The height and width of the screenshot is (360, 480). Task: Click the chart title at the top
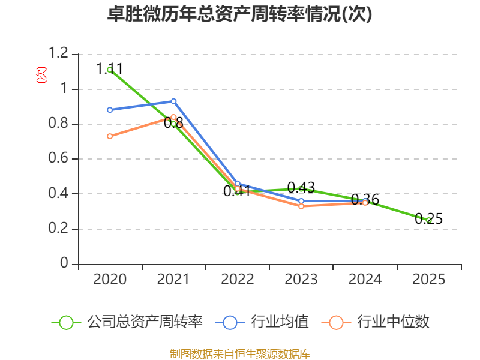(x=239, y=14)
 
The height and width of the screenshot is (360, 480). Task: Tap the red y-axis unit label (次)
(x=41, y=75)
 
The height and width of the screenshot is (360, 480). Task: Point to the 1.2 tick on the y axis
(x=58, y=53)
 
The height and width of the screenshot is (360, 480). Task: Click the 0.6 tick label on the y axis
(x=58, y=158)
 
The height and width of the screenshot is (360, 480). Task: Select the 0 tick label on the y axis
(x=64, y=263)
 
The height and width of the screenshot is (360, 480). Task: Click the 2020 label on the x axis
(x=110, y=280)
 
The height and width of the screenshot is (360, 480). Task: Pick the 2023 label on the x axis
(x=301, y=280)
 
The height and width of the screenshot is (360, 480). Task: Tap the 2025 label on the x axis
(x=428, y=280)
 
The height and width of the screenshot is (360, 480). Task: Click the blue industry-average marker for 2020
(x=110, y=110)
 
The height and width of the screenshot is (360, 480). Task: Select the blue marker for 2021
(x=173, y=101)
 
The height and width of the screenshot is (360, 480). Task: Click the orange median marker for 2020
(x=110, y=136)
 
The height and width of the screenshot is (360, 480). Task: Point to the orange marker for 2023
(x=301, y=206)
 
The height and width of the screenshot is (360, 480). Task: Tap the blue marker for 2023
(x=301, y=201)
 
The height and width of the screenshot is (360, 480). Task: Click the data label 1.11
(x=109, y=68)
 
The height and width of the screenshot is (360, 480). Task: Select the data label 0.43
(x=301, y=187)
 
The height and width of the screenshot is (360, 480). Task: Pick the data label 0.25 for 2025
(x=428, y=219)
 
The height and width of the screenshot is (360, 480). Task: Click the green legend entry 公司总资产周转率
(x=127, y=322)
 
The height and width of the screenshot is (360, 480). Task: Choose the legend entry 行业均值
(x=262, y=322)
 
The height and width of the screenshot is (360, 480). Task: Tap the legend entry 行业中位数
(x=376, y=322)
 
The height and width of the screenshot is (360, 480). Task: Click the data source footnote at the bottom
(x=239, y=354)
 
